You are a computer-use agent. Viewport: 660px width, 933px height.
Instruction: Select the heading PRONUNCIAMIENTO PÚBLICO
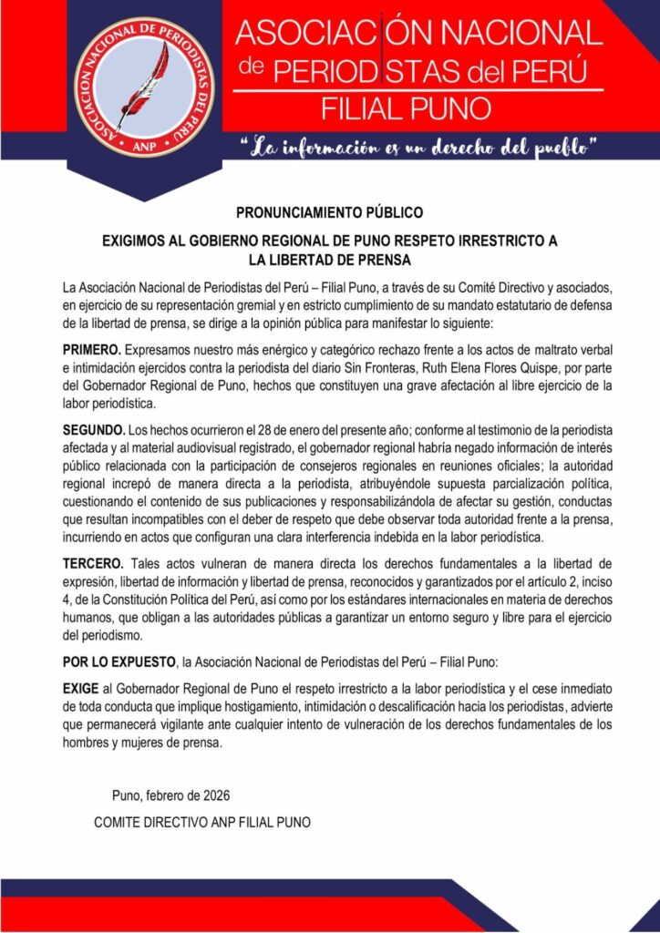click(x=329, y=214)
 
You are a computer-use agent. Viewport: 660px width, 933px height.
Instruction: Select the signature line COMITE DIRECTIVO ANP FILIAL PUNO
click(x=202, y=822)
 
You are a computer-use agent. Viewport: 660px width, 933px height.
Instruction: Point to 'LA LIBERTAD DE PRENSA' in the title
click(x=329, y=260)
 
